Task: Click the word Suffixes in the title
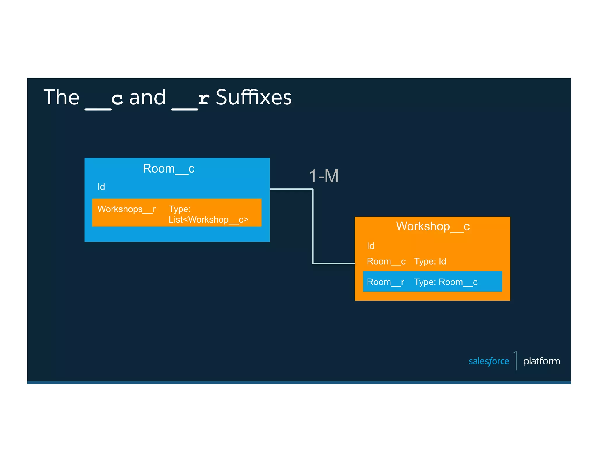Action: pos(253,97)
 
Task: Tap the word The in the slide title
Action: pos(61,97)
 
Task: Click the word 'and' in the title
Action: pos(147,97)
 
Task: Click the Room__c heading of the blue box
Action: pos(168,169)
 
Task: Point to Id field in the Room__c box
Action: pos(101,187)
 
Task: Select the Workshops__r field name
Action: pos(126,209)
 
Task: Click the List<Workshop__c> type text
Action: pos(208,220)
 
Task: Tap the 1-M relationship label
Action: pos(324,176)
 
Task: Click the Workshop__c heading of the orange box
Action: pos(432,226)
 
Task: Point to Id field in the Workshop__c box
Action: pos(370,246)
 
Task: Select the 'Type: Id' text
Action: pos(430,261)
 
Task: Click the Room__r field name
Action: pos(385,282)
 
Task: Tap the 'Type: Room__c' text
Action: pos(446,282)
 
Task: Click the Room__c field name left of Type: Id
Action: pos(386,261)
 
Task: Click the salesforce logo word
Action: pos(489,361)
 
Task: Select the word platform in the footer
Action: pos(541,361)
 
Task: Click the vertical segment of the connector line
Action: pos(313,226)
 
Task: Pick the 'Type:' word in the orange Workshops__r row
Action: pos(180,209)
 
